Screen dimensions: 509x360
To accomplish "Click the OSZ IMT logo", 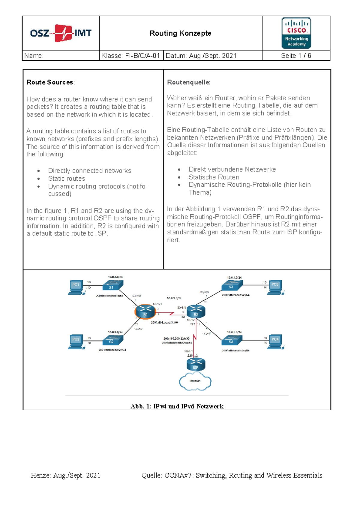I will pyautogui.click(x=61, y=33).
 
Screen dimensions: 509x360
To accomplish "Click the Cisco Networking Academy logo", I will pyautogui.click(x=296, y=33).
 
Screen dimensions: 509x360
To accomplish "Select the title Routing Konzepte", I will pyautogui.click(x=180, y=33).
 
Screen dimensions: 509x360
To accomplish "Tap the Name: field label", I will pyautogui.click(x=34, y=56).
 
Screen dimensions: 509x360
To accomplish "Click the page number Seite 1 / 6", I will pyautogui.click(x=296, y=56).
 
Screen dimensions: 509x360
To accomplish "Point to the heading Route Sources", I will pyautogui.click(x=50, y=82).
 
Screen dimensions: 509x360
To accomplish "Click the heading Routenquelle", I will pyautogui.click(x=189, y=82).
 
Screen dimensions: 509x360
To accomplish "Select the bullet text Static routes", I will pyautogui.click(x=67, y=179).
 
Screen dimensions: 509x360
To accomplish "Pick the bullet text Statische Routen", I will pyautogui.click(x=214, y=177).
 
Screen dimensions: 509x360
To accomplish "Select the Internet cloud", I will pyautogui.click(x=195, y=381).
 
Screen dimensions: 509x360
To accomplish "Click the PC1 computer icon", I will pyautogui.click(x=76, y=287).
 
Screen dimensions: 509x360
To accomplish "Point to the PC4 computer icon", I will pyautogui.click(x=275, y=341).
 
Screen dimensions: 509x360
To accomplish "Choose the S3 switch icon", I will pyautogui.click(x=231, y=285).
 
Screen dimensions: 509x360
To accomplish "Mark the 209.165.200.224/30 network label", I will pyautogui.click(x=176, y=338).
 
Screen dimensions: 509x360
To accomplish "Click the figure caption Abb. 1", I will pyautogui.click(x=177, y=406).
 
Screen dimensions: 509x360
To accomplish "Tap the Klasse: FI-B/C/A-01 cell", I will pyautogui.click(x=131, y=56).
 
